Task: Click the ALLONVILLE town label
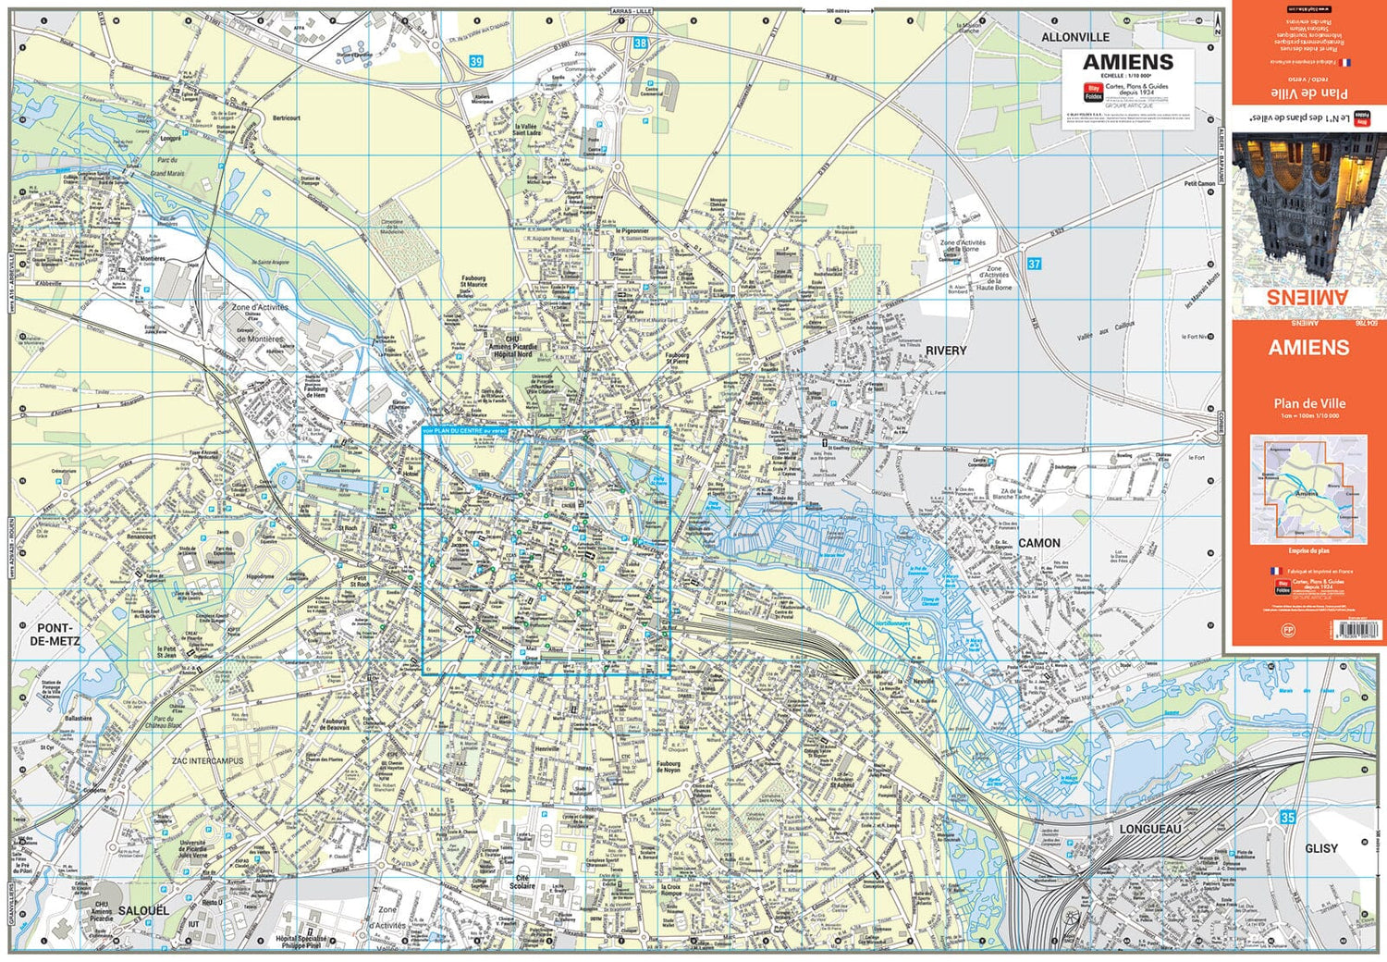[1075, 37]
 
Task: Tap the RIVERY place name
[945, 351]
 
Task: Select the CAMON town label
[1039, 543]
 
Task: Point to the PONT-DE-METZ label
[55, 634]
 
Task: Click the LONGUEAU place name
[1150, 829]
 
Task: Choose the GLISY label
[1320, 848]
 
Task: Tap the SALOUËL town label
[143, 910]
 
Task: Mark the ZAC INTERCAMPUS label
[207, 761]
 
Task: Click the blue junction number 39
[476, 62]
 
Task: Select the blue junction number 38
[640, 43]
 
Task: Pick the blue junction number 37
[1034, 264]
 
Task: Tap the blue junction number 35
[1288, 818]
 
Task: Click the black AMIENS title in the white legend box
[1127, 62]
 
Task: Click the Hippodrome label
[261, 576]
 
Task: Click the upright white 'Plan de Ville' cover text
[1308, 403]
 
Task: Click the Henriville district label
[547, 749]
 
